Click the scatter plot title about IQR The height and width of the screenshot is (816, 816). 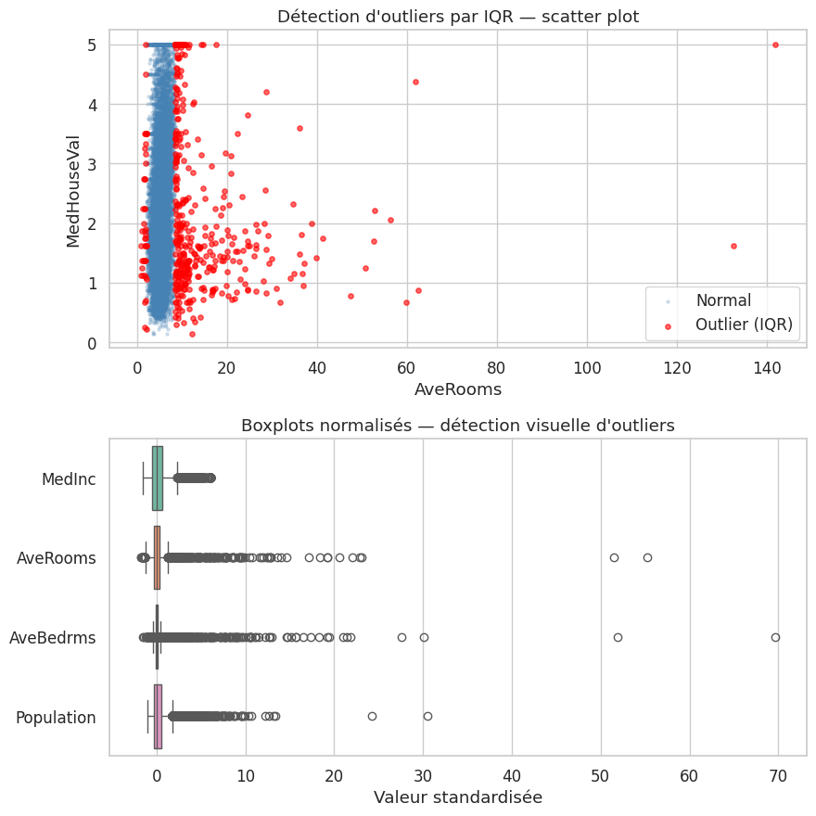pyautogui.click(x=457, y=16)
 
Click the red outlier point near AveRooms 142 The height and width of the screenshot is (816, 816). pyautogui.click(x=775, y=45)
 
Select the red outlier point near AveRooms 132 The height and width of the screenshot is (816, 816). pyautogui.click(x=733, y=246)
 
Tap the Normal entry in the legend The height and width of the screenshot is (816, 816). pyautogui.click(x=723, y=300)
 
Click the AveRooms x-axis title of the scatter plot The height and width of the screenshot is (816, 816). pyautogui.click(x=457, y=389)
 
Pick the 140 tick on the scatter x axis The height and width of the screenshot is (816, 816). pyautogui.click(x=767, y=366)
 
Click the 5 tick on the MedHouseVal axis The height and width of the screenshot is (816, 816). pyautogui.click(x=91, y=45)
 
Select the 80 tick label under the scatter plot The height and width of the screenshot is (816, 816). pyautogui.click(x=497, y=366)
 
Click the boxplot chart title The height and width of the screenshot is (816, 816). pyautogui.click(x=457, y=426)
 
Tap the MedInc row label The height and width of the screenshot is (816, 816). pyautogui.click(x=69, y=478)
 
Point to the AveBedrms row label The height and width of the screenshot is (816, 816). pyautogui.click(x=53, y=638)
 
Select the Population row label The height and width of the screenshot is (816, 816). pyautogui.click(x=56, y=718)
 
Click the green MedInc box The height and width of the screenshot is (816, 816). pyautogui.click(x=158, y=478)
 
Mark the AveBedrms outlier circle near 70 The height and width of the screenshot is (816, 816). pyautogui.click(x=775, y=637)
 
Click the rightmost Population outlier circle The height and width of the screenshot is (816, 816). pyautogui.click(x=427, y=716)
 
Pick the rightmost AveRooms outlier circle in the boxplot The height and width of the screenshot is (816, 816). pyautogui.click(x=647, y=557)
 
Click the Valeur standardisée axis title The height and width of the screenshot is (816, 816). pyautogui.click(x=457, y=797)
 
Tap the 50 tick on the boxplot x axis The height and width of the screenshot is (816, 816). pyautogui.click(x=601, y=775)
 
